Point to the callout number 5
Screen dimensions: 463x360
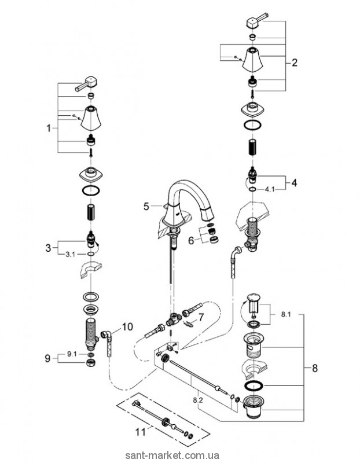(146, 205)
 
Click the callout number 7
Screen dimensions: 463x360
(201, 317)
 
